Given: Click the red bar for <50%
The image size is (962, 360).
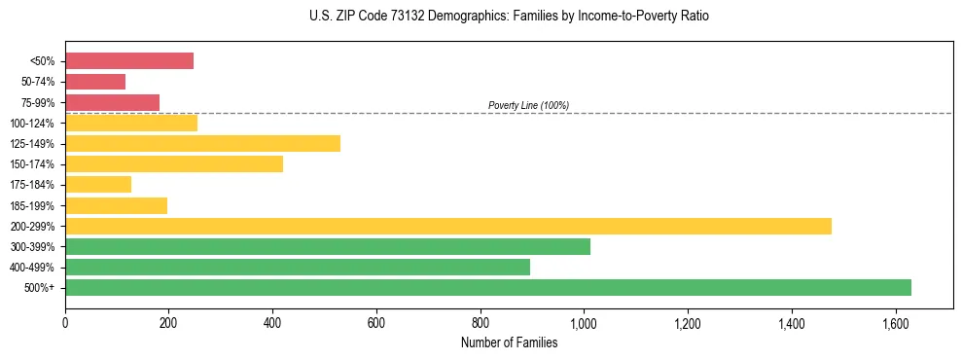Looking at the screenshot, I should pos(129,61).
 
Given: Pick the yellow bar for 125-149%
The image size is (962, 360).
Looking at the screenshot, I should pos(202,144).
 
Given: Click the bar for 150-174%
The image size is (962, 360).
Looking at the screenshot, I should pos(174,164).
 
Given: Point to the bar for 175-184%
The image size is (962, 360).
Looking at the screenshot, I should pos(98,185).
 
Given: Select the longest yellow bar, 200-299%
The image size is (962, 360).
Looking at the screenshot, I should pos(448,227).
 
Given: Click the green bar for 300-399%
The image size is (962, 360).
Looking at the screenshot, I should pos(328,247).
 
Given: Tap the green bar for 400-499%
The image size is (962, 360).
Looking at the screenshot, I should pos(298,268).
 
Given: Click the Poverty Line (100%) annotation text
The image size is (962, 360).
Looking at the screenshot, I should pos(528,105).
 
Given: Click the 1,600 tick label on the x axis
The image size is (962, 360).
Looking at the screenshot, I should pos(895,323).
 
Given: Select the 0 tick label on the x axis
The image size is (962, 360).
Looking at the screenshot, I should pos(65,323).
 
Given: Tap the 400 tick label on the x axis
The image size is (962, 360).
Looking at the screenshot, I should pos(272,323).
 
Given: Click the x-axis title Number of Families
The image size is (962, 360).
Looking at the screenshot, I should pos(509,342).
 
